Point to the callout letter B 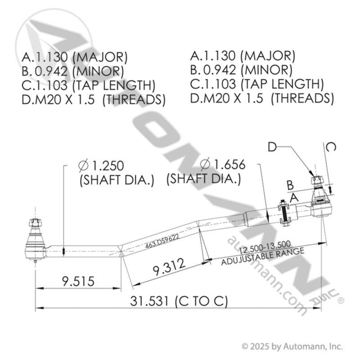(290, 185)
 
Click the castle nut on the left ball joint (34, 223)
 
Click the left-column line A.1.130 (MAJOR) (75, 57)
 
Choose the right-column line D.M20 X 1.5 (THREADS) (262, 98)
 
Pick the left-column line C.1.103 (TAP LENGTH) (88, 85)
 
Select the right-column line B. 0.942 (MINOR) (241, 70)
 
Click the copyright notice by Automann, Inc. (292, 346)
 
